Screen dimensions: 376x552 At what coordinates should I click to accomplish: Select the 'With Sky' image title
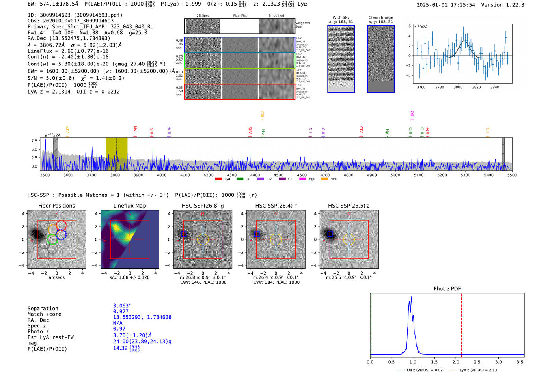(341, 17)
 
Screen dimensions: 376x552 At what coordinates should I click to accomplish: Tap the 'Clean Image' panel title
(380, 17)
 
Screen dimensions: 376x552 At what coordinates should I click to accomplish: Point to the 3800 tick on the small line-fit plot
(458, 87)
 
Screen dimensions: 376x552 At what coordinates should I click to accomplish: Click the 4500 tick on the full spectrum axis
(278, 175)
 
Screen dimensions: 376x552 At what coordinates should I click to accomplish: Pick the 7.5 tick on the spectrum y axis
(34, 141)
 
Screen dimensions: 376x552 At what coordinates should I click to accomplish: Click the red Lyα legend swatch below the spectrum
(218, 179)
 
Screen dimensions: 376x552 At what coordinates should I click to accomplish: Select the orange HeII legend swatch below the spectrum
(324, 179)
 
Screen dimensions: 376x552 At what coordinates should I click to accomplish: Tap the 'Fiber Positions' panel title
(56, 206)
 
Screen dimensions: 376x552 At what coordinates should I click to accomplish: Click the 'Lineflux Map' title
(130, 206)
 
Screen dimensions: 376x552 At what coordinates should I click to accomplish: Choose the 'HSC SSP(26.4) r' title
(276, 206)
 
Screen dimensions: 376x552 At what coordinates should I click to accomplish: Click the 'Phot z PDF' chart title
(447, 289)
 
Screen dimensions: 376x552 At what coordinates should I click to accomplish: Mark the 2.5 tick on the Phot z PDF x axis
(477, 362)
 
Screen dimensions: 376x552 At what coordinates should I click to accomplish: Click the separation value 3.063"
(122, 306)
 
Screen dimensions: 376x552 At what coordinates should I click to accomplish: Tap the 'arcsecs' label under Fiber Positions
(56, 277)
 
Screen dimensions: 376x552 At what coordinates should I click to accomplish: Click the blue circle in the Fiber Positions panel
(61, 234)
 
